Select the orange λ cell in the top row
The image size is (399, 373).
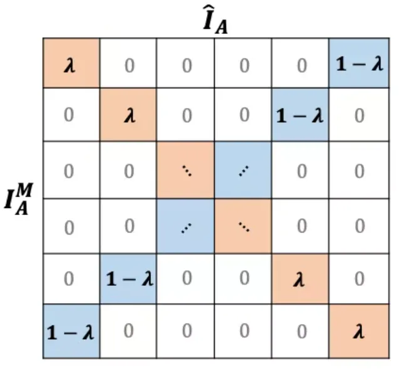[71, 65]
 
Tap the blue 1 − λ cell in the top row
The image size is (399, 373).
[358, 65]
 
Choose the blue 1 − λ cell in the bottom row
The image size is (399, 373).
[71, 332]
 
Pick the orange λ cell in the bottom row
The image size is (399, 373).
[358, 332]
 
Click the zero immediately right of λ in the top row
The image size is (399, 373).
[128, 65]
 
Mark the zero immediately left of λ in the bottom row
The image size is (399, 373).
[301, 332]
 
